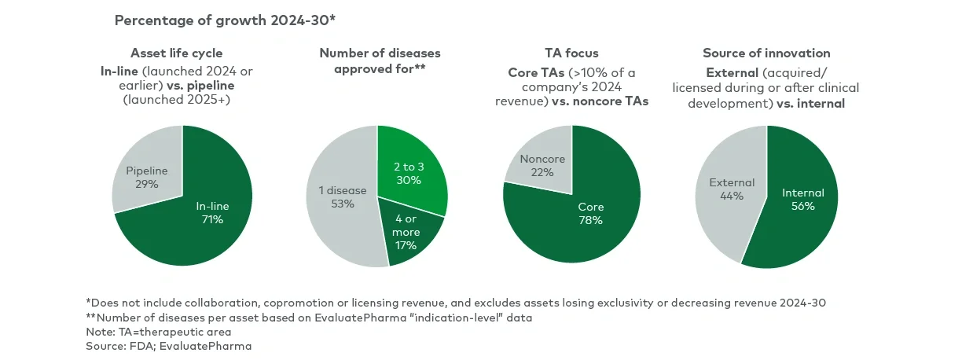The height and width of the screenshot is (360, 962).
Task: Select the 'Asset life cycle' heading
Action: pos(182,53)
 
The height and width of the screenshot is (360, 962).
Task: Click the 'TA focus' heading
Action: pos(571,53)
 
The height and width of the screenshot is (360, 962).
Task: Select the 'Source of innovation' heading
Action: pos(766,53)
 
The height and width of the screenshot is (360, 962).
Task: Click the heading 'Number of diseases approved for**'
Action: pos(380,61)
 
